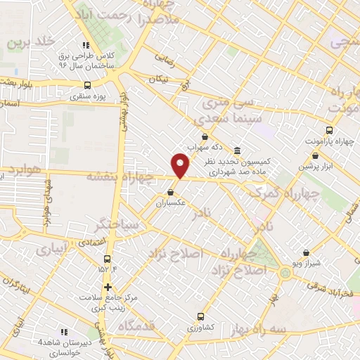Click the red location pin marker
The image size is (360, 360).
click(x=181, y=166)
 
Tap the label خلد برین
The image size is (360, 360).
click(x=31, y=42)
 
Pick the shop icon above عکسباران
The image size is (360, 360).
click(x=171, y=191)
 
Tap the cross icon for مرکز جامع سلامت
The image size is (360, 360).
click(x=108, y=286)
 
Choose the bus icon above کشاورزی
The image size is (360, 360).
click(x=200, y=316)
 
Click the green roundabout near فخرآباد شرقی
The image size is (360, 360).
click(x=285, y=273)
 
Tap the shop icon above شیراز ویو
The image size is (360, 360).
click(x=306, y=252)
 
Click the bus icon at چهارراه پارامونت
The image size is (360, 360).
click(x=328, y=130)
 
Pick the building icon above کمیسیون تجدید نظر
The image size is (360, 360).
click(x=237, y=150)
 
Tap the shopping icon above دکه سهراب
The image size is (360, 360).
click(x=205, y=137)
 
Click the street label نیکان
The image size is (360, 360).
click(x=157, y=79)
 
